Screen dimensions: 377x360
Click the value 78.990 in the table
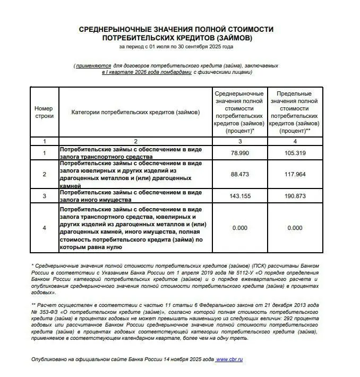coord(239,153)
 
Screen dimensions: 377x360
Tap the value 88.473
coord(239,174)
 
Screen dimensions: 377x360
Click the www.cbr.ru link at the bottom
coord(229,359)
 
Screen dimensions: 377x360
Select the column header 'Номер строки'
coord(44,112)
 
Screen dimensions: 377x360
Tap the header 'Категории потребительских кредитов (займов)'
coord(135,112)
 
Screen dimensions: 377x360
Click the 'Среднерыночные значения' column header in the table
coord(239,112)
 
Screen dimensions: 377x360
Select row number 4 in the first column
coord(45,228)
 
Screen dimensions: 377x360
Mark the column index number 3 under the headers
coord(239,141)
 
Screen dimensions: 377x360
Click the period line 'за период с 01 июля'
coord(176,47)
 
